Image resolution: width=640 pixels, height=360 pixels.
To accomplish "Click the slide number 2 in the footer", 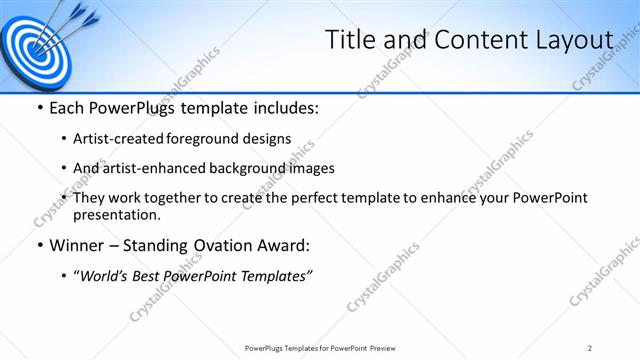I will click(x=590, y=348).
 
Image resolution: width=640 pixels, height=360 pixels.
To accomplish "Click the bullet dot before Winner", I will click(x=39, y=246).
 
